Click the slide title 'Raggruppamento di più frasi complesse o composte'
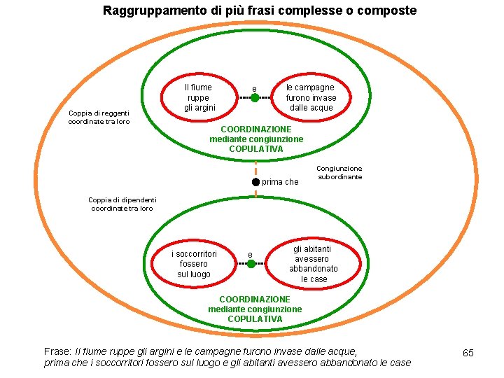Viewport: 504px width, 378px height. pos(259,10)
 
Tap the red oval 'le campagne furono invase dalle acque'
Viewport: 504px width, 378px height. pos(311,97)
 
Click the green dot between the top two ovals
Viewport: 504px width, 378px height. pos(255,98)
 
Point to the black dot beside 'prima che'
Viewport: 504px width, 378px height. pos(256,182)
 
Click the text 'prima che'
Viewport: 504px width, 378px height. pos(280,182)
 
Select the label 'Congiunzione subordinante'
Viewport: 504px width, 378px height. pos(339,172)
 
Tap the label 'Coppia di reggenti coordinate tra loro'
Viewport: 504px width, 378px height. pos(99,118)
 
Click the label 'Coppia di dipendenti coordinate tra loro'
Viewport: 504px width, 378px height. pos(122,204)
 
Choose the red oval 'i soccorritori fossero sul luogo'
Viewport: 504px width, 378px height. pos(194,264)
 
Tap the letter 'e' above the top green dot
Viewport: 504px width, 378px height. pos(255,88)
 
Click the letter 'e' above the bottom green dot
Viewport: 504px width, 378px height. pos(251,254)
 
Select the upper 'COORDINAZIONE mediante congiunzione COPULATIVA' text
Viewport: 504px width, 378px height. pos(256,139)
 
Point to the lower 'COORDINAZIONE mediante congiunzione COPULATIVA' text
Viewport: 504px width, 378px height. pos(255,309)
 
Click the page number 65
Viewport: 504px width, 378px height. pos(468,353)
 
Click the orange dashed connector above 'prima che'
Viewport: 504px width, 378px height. pos(256,167)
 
